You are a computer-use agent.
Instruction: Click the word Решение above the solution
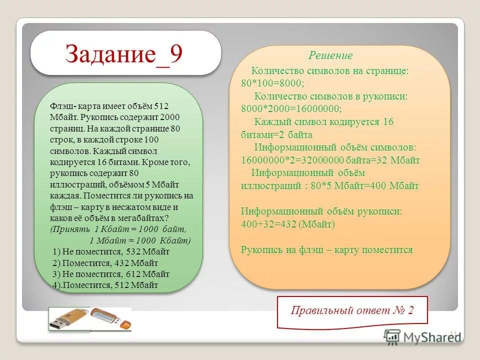click(330, 55)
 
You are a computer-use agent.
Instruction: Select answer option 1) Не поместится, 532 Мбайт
click(111, 251)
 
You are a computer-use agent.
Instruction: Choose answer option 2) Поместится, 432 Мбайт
click(105, 263)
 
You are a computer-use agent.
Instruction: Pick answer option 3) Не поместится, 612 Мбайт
click(111, 274)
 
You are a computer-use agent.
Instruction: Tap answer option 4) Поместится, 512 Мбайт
click(105, 285)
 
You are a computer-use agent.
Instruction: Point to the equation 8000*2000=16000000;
click(291, 108)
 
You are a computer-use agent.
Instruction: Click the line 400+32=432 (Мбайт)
click(287, 224)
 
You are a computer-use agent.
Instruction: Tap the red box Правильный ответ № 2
click(352, 310)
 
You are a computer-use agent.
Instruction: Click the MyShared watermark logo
click(421, 336)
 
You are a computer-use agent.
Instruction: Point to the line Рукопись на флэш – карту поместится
click(327, 250)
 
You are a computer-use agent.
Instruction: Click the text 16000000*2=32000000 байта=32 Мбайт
click(330, 160)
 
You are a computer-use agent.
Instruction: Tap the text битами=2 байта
click(276, 134)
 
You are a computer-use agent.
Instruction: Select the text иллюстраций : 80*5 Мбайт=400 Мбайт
click(330, 186)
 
